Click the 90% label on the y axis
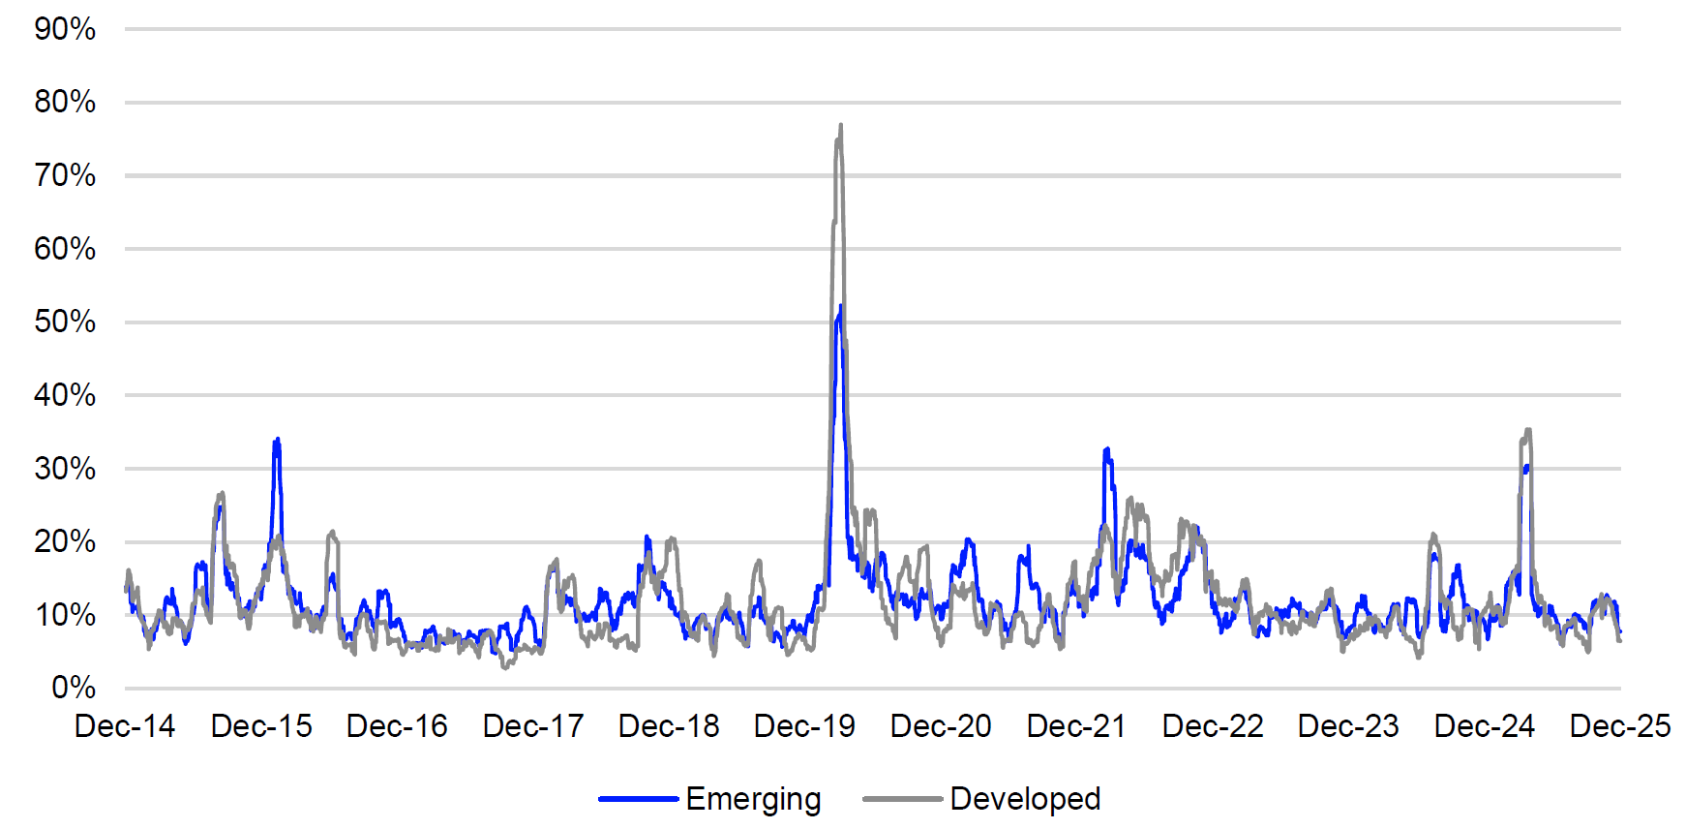[x=65, y=29]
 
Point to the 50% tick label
[x=65, y=322]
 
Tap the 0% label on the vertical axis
[x=73, y=688]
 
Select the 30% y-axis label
[x=65, y=469]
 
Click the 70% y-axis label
[x=65, y=175]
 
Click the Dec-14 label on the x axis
[x=125, y=726]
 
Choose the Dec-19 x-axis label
[x=804, y=726]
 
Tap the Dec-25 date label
[x=1620, y=726]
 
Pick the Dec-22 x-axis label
[x=1213, y=726]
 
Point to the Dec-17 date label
[x=533, y=726]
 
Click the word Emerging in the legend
[x=753, y=799]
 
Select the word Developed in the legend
[x=1025, y=799]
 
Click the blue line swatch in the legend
[x=638, y=799]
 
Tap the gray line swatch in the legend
[x=902, y=799]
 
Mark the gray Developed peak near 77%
[x=840, y=125]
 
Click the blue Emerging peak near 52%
[x=840, y=307]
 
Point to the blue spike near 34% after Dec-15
[x=278, y=440]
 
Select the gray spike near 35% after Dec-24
[x=1527, y=430]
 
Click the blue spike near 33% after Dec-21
[x=1106, y=449]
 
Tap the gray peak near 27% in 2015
[x=222, y=493]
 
